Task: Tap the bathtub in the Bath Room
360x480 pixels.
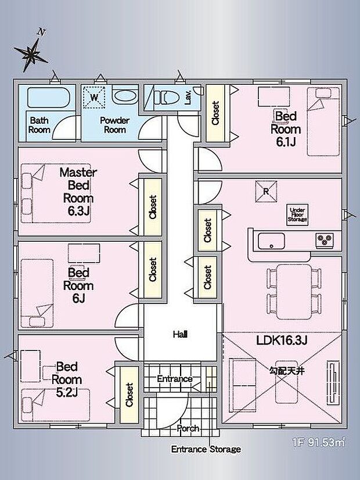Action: coord(48,98)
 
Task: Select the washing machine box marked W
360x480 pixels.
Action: coord(95,98)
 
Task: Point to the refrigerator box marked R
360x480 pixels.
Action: coord(266,192)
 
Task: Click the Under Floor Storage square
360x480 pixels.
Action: coord(297,215)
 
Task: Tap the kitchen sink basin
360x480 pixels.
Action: coord(271,241)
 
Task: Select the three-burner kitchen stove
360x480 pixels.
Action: coord(325,241)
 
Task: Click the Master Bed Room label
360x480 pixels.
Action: coord(78,191)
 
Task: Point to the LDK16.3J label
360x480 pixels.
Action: coord(282,340)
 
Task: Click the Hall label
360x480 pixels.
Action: coord(180,334)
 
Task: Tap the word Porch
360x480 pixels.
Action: coord(188,428)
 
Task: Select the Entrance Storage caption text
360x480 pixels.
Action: coord(206,449)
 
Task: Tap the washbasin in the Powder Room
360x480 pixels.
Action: coord(125,95)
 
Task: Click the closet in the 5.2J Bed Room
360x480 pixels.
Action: coord(129,395)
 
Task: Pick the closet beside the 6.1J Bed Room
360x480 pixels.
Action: coord(215,113)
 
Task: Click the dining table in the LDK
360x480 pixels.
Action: coord(294,292)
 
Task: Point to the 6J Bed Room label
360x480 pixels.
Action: coord(78,285)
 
